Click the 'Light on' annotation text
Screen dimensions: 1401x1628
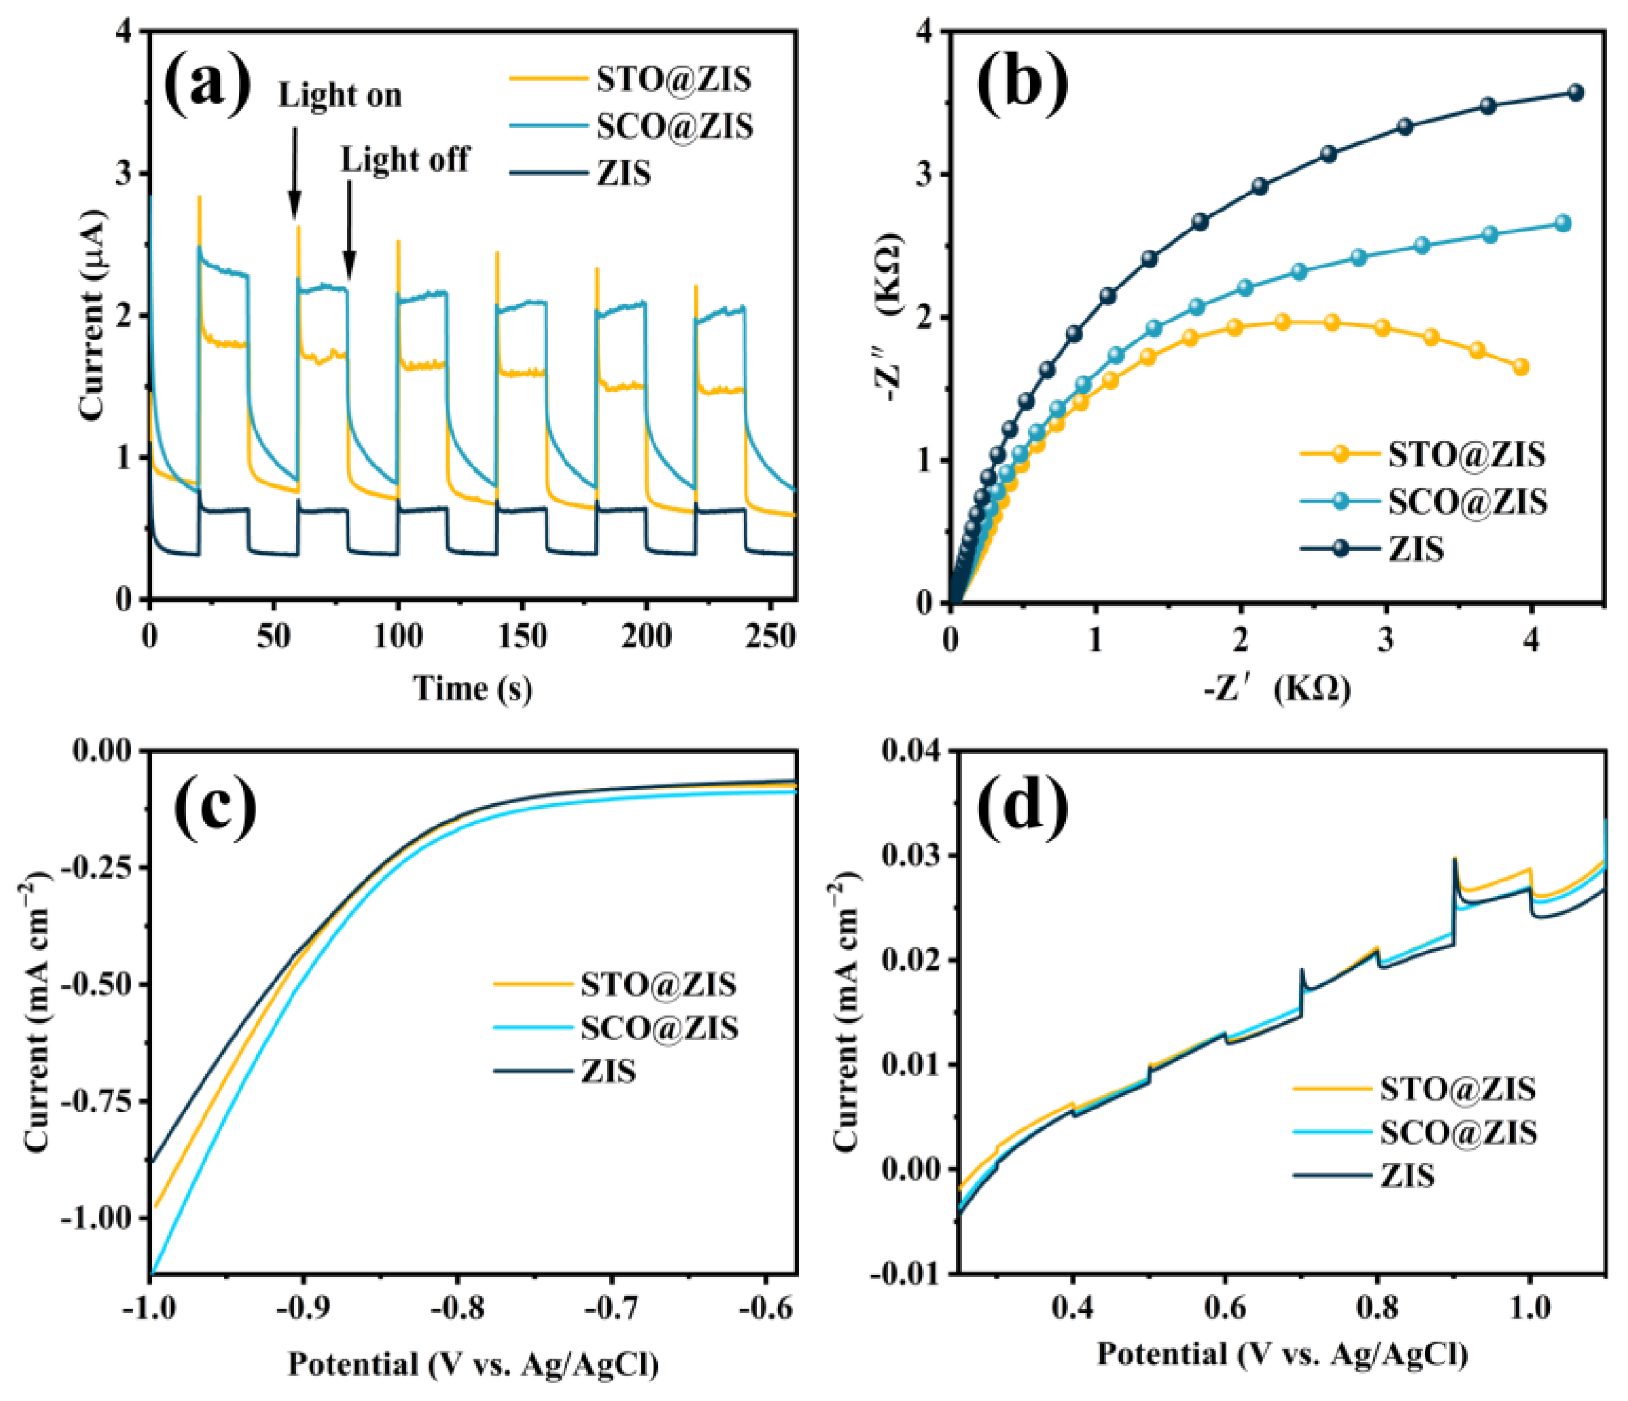pyautogui.click(x=339, y=96)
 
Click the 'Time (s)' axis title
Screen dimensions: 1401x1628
pyautogui.click(x=473, y=688)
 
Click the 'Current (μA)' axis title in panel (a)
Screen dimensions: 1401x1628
pyautogui.click(x=93, y=315)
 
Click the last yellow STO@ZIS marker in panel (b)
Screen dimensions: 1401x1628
pyautogui.click(x=1521, y=367)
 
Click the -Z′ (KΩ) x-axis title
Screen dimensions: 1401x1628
pyautogui.click(x=1277, y=689)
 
